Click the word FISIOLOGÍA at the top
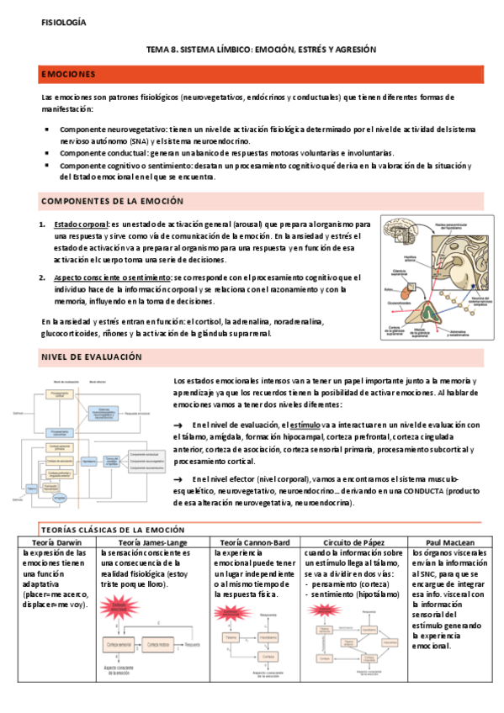[x=64, y=22]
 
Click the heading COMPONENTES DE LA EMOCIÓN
[x=112, y=201]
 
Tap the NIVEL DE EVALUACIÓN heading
[x=92, y=357]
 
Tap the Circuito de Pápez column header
[x=353, y=542]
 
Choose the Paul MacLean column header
[x=446, y=542]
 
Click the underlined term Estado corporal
[x=81, y=225]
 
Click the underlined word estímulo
[x=304, y=424]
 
